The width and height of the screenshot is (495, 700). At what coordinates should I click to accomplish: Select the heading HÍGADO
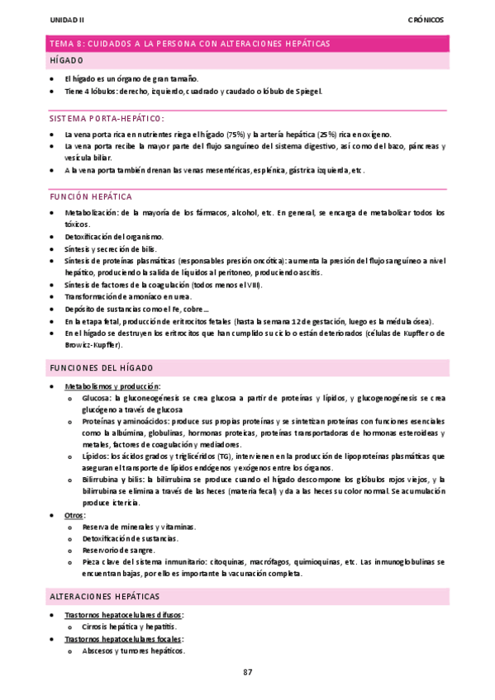pos(66,61)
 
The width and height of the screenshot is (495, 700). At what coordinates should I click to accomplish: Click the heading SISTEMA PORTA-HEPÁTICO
pos(106,118)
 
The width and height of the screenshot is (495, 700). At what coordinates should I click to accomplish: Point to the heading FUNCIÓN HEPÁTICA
pos(91,197)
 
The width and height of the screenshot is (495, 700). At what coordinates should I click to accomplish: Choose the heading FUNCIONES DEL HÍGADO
pos(101,368)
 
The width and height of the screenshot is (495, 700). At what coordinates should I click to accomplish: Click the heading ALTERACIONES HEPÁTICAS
pos(104,596)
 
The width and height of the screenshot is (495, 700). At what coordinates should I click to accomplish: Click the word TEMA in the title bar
pos(61,43)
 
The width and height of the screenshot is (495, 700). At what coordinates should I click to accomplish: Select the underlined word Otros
pos(74,515)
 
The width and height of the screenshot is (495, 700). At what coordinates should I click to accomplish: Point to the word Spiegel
pos(306,91)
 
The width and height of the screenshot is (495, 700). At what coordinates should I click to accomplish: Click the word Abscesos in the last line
pos(99,650)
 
